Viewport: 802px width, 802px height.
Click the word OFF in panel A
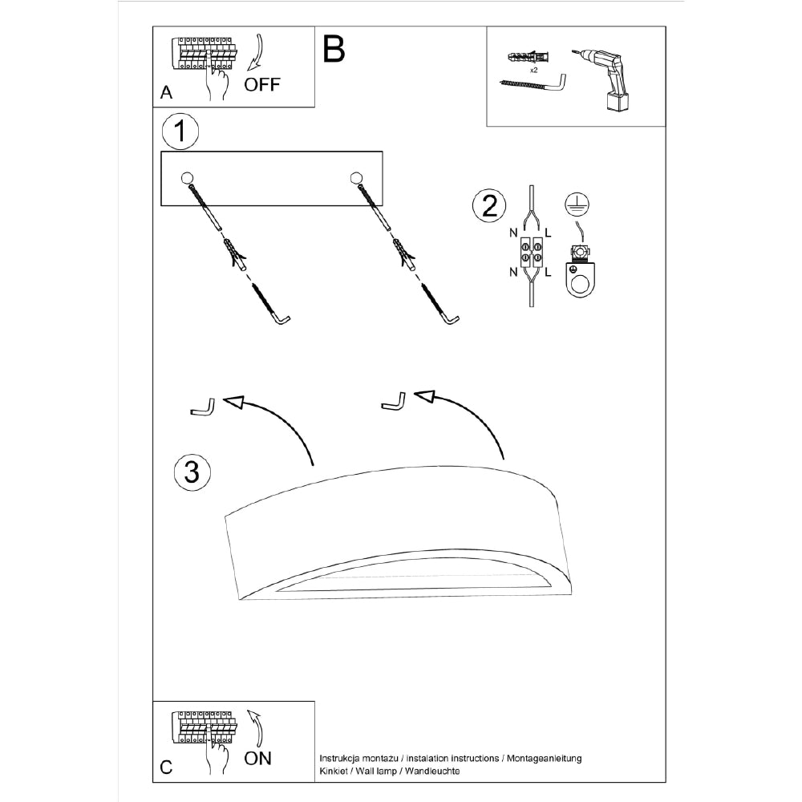point(262,84)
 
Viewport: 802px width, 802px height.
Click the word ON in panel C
point(258,758)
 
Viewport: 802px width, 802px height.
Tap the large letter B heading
point(334,49)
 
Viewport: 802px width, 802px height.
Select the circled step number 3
point(192,472)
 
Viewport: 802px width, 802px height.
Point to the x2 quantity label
point(533,71)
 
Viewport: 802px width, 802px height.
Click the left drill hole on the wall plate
point(186,178)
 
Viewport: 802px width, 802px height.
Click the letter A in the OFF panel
point(166,93)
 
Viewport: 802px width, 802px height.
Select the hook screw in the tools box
point(534,83)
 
